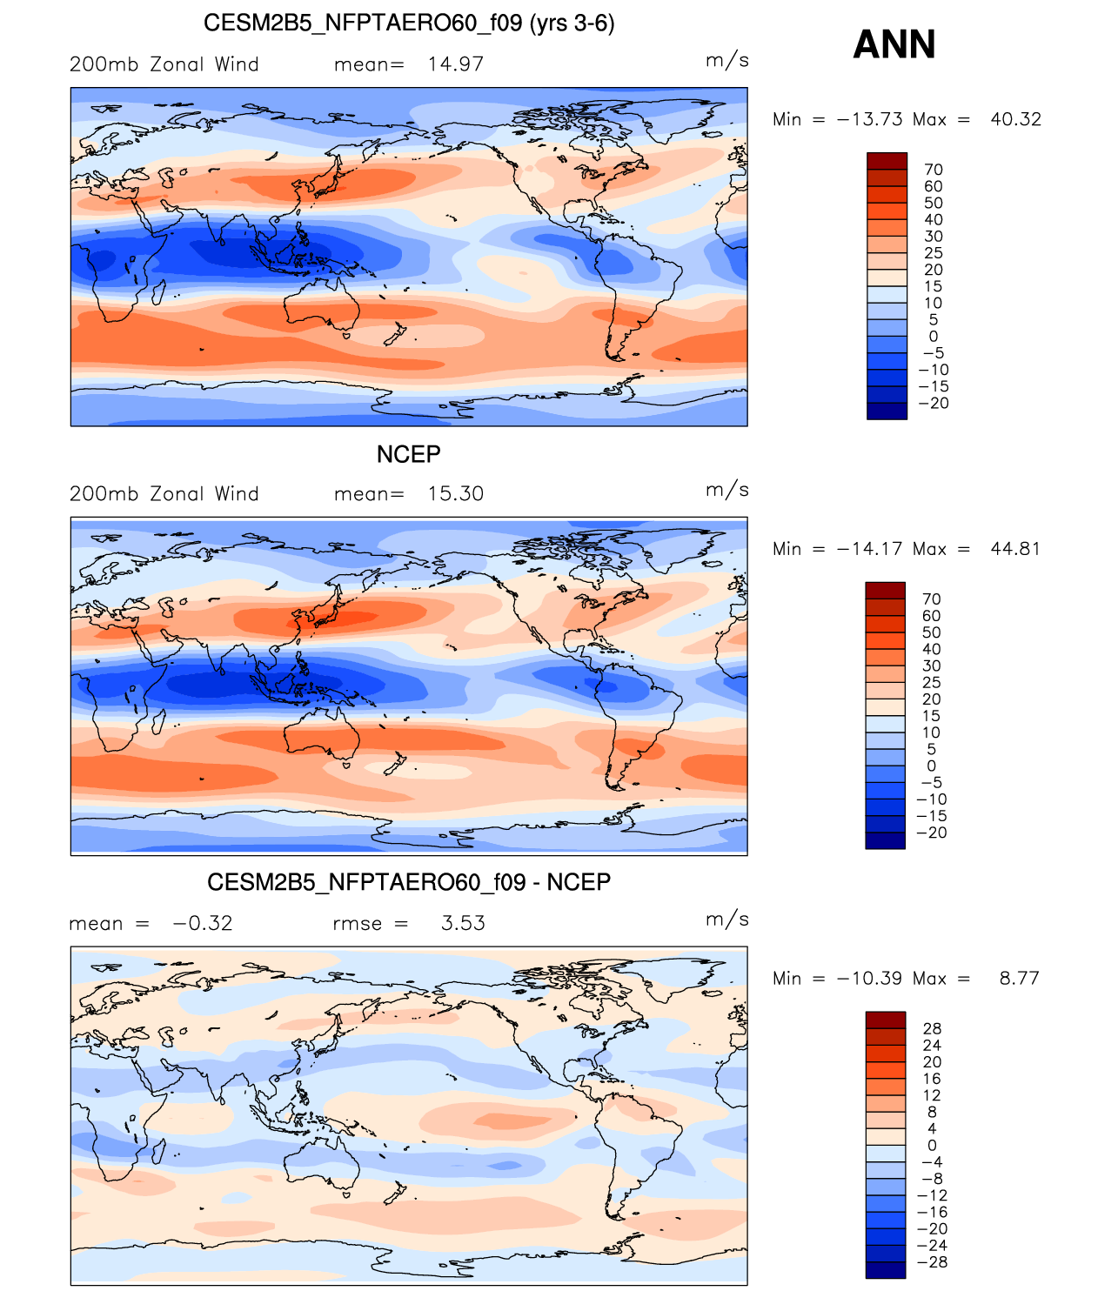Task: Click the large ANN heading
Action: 894,44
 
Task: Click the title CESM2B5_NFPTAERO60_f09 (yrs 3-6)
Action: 409,23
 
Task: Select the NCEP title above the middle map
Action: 408,454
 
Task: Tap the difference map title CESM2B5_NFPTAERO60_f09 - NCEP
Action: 409,882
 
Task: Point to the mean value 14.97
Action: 455,64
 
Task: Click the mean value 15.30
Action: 455,493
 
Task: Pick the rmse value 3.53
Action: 463,922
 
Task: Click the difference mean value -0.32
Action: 203,922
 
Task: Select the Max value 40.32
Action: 1015,118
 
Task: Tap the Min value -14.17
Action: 869,548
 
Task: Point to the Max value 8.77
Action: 1020,978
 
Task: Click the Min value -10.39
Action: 869,978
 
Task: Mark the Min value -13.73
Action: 869,118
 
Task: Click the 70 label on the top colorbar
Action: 934,170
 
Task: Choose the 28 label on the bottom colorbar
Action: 932,1028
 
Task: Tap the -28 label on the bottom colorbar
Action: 932,1261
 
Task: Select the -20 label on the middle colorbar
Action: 932,832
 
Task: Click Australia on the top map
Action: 321,304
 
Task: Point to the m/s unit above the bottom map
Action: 727,919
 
